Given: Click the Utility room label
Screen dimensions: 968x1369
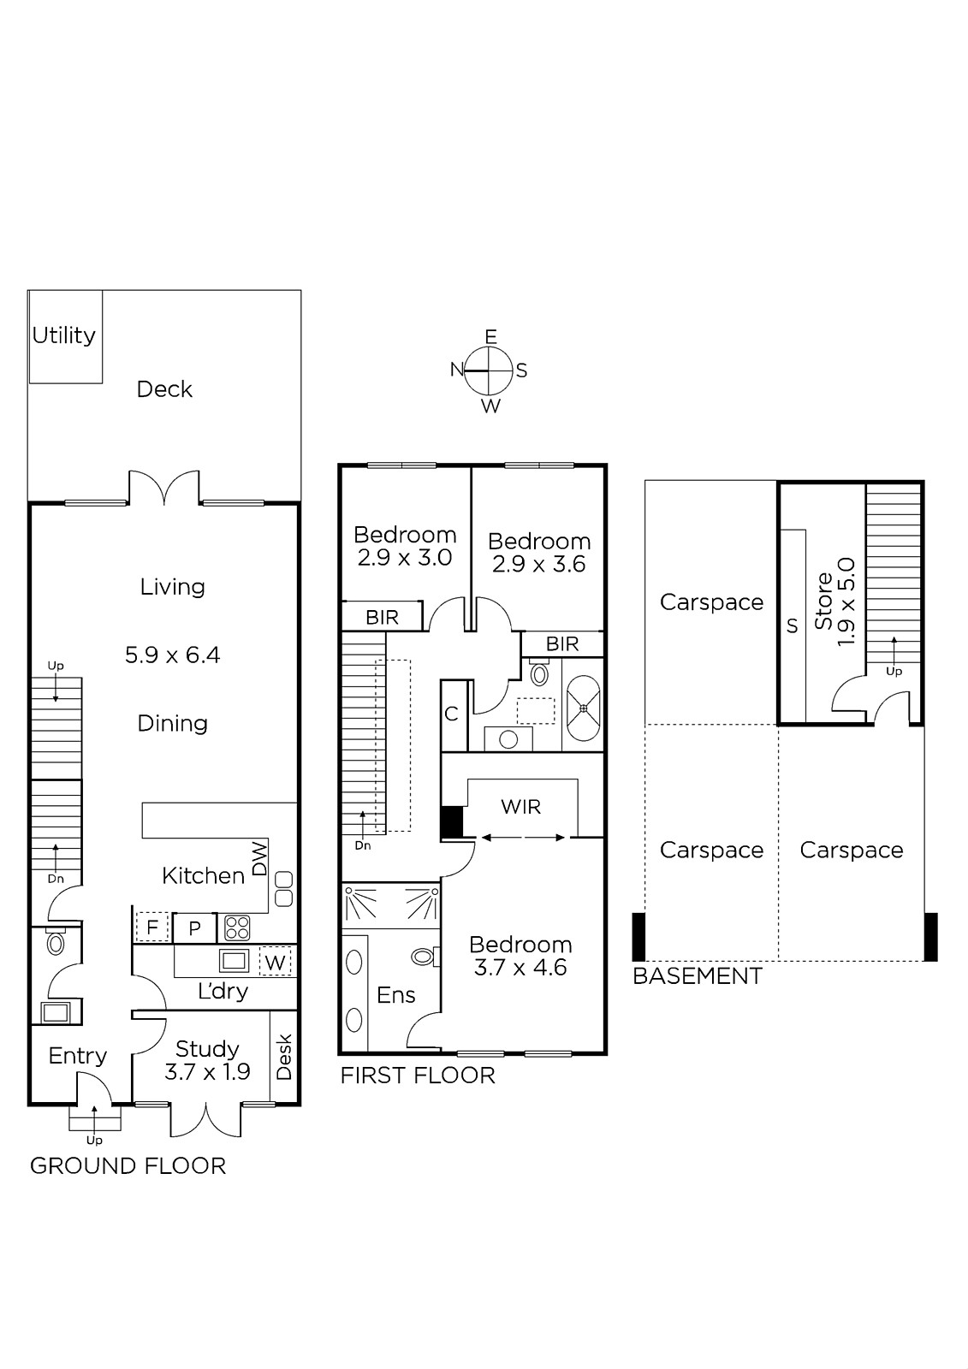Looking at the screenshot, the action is [x=63, y=335].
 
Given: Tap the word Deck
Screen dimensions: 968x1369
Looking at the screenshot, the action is [x=163, y=389].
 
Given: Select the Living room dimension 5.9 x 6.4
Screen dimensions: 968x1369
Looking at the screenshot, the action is [x=172, y=655].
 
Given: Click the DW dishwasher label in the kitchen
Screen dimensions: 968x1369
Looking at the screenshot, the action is [x=259, y=859].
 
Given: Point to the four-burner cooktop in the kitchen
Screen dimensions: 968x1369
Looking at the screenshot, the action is [x=237, y=927].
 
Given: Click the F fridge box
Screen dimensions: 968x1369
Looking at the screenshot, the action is [x=151, y=927].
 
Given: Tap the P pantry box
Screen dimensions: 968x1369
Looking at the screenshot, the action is [x=194, y=928].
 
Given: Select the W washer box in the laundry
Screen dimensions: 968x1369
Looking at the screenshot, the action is [x=276, y=963].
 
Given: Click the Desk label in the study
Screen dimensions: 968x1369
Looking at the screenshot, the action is [x=284, y=1057].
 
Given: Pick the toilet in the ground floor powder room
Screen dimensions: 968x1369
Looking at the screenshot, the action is [x=56, y=943].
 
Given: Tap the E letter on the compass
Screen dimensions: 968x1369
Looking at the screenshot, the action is [x=490, y=336].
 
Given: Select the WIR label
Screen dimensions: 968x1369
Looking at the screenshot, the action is [x=521, y=807].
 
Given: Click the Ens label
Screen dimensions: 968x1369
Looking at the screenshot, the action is [x=396, y=995].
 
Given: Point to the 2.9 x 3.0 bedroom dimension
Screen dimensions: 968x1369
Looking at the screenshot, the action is [x=405, y=557].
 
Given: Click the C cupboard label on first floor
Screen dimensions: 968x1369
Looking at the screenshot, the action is [x=451, y=714].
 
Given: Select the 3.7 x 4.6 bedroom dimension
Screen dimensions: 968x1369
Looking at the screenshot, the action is [x=520, y=968].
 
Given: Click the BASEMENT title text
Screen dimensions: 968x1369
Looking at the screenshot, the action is [x=698, y=976].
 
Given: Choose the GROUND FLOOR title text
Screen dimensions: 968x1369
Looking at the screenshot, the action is [x=128, y=1166].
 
